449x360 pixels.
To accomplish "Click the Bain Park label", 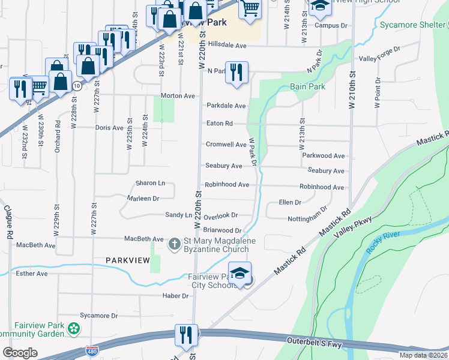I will point(307,87).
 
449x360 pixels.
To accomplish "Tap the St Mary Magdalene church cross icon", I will point(174,244).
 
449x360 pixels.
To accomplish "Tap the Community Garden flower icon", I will point(74,328).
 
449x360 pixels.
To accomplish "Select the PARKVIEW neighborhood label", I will point(127,260).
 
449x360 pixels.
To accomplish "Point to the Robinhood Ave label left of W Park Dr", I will point(227,185).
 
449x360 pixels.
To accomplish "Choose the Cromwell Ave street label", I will point(226,145).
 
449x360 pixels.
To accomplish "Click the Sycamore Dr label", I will point(99,316).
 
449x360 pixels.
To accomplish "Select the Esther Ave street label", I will point(32,274).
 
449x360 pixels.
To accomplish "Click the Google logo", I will point(20,353).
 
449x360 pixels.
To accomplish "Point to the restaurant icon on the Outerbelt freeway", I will point(185,335).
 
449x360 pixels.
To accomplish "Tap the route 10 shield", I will point(76,86).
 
